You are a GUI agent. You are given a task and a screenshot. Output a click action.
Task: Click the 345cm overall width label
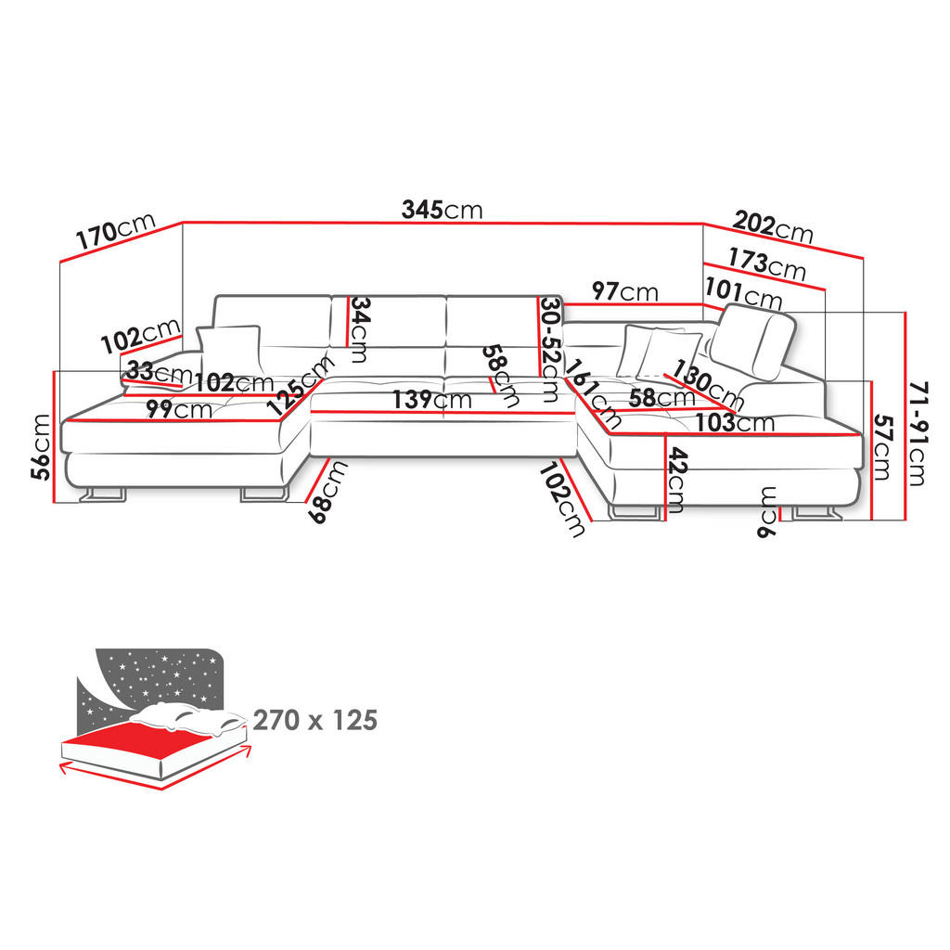click(442, 210)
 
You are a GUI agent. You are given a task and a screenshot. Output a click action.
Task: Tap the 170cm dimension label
click(115, 231)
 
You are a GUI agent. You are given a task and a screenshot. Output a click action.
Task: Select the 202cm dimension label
click(773, 227)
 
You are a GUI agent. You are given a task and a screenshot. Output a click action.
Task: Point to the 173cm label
click(766, 263)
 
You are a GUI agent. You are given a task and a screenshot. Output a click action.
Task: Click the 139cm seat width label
click(431, 400)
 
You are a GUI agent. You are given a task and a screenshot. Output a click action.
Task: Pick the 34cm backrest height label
click(359, 329)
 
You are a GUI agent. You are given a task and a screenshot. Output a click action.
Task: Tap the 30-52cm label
click(549, 349)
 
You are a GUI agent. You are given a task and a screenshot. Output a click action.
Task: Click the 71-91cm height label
click(918, 433)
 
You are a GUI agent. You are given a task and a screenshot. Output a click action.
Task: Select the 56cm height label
click(42, 446)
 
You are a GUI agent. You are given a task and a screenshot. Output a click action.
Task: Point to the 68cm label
click(327, 492)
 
